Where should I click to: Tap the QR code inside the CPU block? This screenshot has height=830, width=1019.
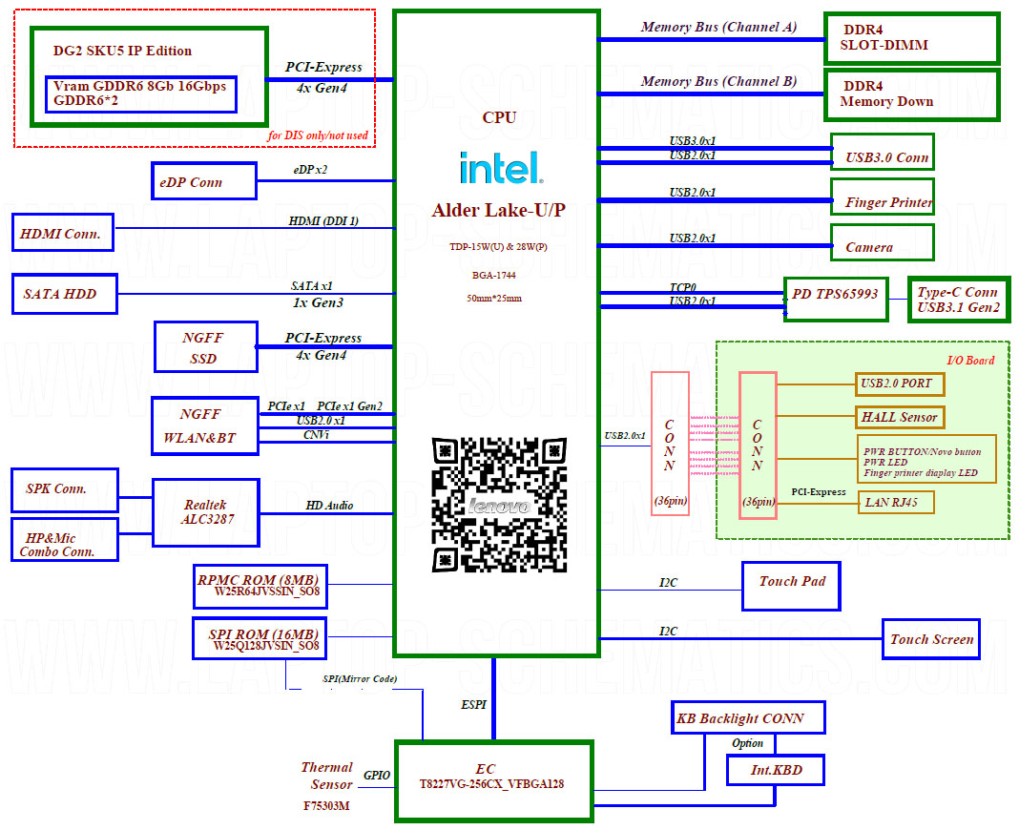tap(498, 506)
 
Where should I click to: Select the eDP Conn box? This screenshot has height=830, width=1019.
tap(203, 181)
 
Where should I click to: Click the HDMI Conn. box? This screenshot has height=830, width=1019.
tap(62, 233)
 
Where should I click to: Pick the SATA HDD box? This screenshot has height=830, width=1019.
tap(65, 294)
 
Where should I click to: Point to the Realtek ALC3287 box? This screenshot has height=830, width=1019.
tap(205, 511)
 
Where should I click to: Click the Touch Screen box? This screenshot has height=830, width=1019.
tap(931, 639)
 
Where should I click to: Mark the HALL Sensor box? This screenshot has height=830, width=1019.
tap(900, 417)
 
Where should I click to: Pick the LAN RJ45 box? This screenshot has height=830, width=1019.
tap(895, 502)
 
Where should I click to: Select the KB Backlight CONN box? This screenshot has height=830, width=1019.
tap(747, 717)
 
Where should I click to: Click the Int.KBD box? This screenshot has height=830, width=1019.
tap(775, 769)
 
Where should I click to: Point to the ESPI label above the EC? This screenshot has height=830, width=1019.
tap(473, 705)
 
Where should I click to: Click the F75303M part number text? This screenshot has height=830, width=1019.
tap(326, 806)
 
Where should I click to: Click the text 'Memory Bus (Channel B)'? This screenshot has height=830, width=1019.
tap(718, 81)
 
